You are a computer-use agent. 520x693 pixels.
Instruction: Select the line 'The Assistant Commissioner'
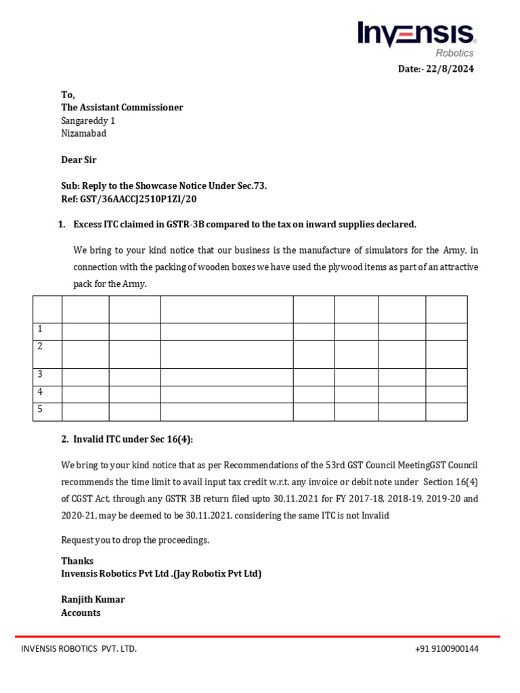tap(122, 108)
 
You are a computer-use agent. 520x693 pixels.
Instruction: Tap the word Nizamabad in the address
tap(83, 133)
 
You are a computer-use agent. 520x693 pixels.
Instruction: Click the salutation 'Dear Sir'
tap(79, 160)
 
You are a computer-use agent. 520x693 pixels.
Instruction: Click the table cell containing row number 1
tap(47, 331)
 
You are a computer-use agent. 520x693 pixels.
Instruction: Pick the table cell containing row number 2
tap(47, 354)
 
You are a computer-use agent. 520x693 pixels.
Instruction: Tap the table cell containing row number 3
tap(47, 376)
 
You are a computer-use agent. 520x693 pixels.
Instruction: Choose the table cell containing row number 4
tap(47, 394)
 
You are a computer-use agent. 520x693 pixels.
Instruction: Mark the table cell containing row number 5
tap(47, 411)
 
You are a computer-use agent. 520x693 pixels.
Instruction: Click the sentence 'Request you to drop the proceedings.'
tap(135, 540)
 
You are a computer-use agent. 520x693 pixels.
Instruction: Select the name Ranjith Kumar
tap(93, 600)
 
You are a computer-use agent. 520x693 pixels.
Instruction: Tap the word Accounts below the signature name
tap(81, 612)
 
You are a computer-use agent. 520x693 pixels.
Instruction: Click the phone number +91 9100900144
tap(446, 648)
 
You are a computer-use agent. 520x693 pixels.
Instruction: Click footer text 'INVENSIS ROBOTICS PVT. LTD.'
tap(79, 648)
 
